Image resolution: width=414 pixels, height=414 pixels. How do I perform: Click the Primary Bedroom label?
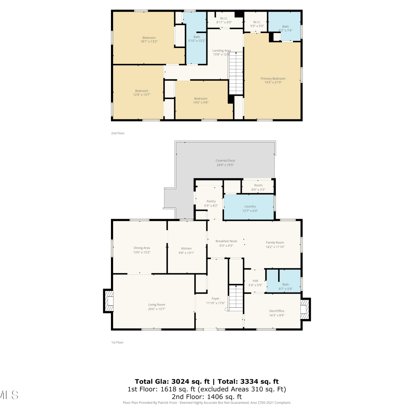pos(273,79)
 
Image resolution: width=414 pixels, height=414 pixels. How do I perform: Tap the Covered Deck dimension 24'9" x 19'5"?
pos(225,165)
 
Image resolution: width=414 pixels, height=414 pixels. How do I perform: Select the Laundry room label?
pos(250,206)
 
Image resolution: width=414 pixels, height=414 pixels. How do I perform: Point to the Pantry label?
pos(211,201)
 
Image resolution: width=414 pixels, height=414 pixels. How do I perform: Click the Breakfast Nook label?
pos(226,241)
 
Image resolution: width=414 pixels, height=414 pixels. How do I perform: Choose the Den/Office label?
pos(277,311)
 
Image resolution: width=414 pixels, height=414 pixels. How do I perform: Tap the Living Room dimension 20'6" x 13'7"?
pos(157,309)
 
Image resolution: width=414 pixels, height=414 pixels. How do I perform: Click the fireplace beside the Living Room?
pos(108,301)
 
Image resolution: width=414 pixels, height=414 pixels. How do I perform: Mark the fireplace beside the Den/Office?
pos(305,309)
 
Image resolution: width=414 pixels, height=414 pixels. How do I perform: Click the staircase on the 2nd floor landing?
pos(236,73)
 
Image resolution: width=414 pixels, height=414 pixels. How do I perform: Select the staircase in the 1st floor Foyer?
pos(235,298)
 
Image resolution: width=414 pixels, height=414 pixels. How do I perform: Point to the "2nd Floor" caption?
pos(118,133)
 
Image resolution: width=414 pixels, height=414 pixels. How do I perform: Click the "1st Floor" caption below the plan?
pos(117,343)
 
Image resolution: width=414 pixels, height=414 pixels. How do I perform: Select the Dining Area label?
pos(142,248)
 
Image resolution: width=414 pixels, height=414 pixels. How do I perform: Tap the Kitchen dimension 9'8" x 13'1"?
pos(186,253)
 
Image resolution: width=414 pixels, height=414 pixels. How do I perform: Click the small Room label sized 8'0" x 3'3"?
pos(258,185)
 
